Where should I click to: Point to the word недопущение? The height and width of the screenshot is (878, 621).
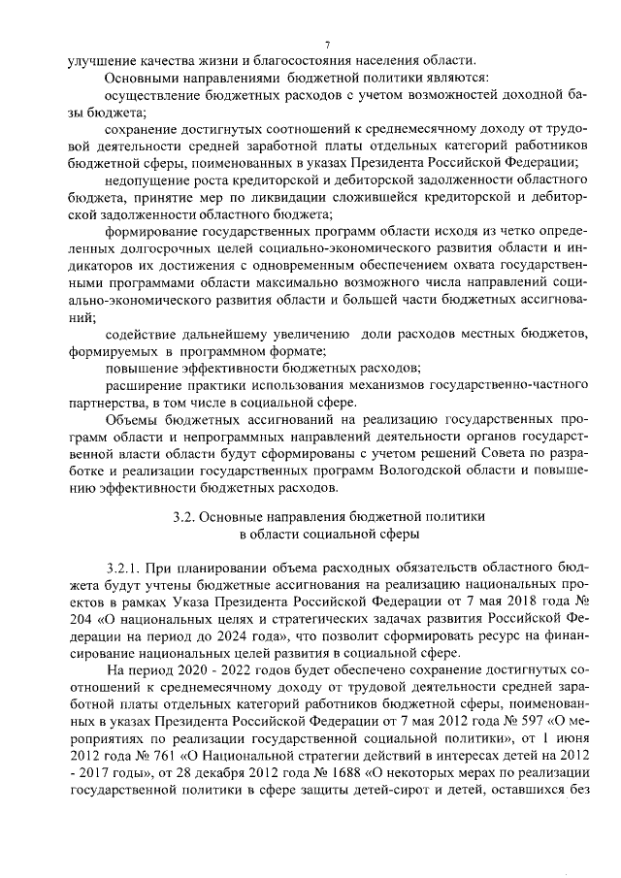pos(148,181)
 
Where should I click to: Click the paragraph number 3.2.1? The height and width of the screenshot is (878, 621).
pos(126,565)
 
